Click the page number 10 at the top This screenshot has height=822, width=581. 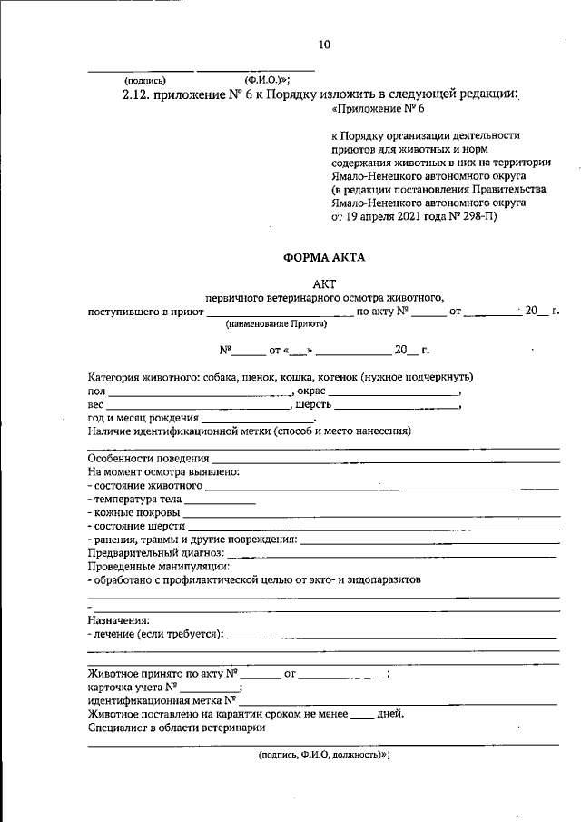point(324,44)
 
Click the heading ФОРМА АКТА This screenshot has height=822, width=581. point(324,257)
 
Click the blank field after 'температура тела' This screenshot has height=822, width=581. point(221,500)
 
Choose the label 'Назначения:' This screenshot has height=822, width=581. point(118,620)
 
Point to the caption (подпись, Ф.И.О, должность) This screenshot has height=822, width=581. point(323,754)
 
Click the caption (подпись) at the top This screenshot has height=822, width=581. point(145,79)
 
